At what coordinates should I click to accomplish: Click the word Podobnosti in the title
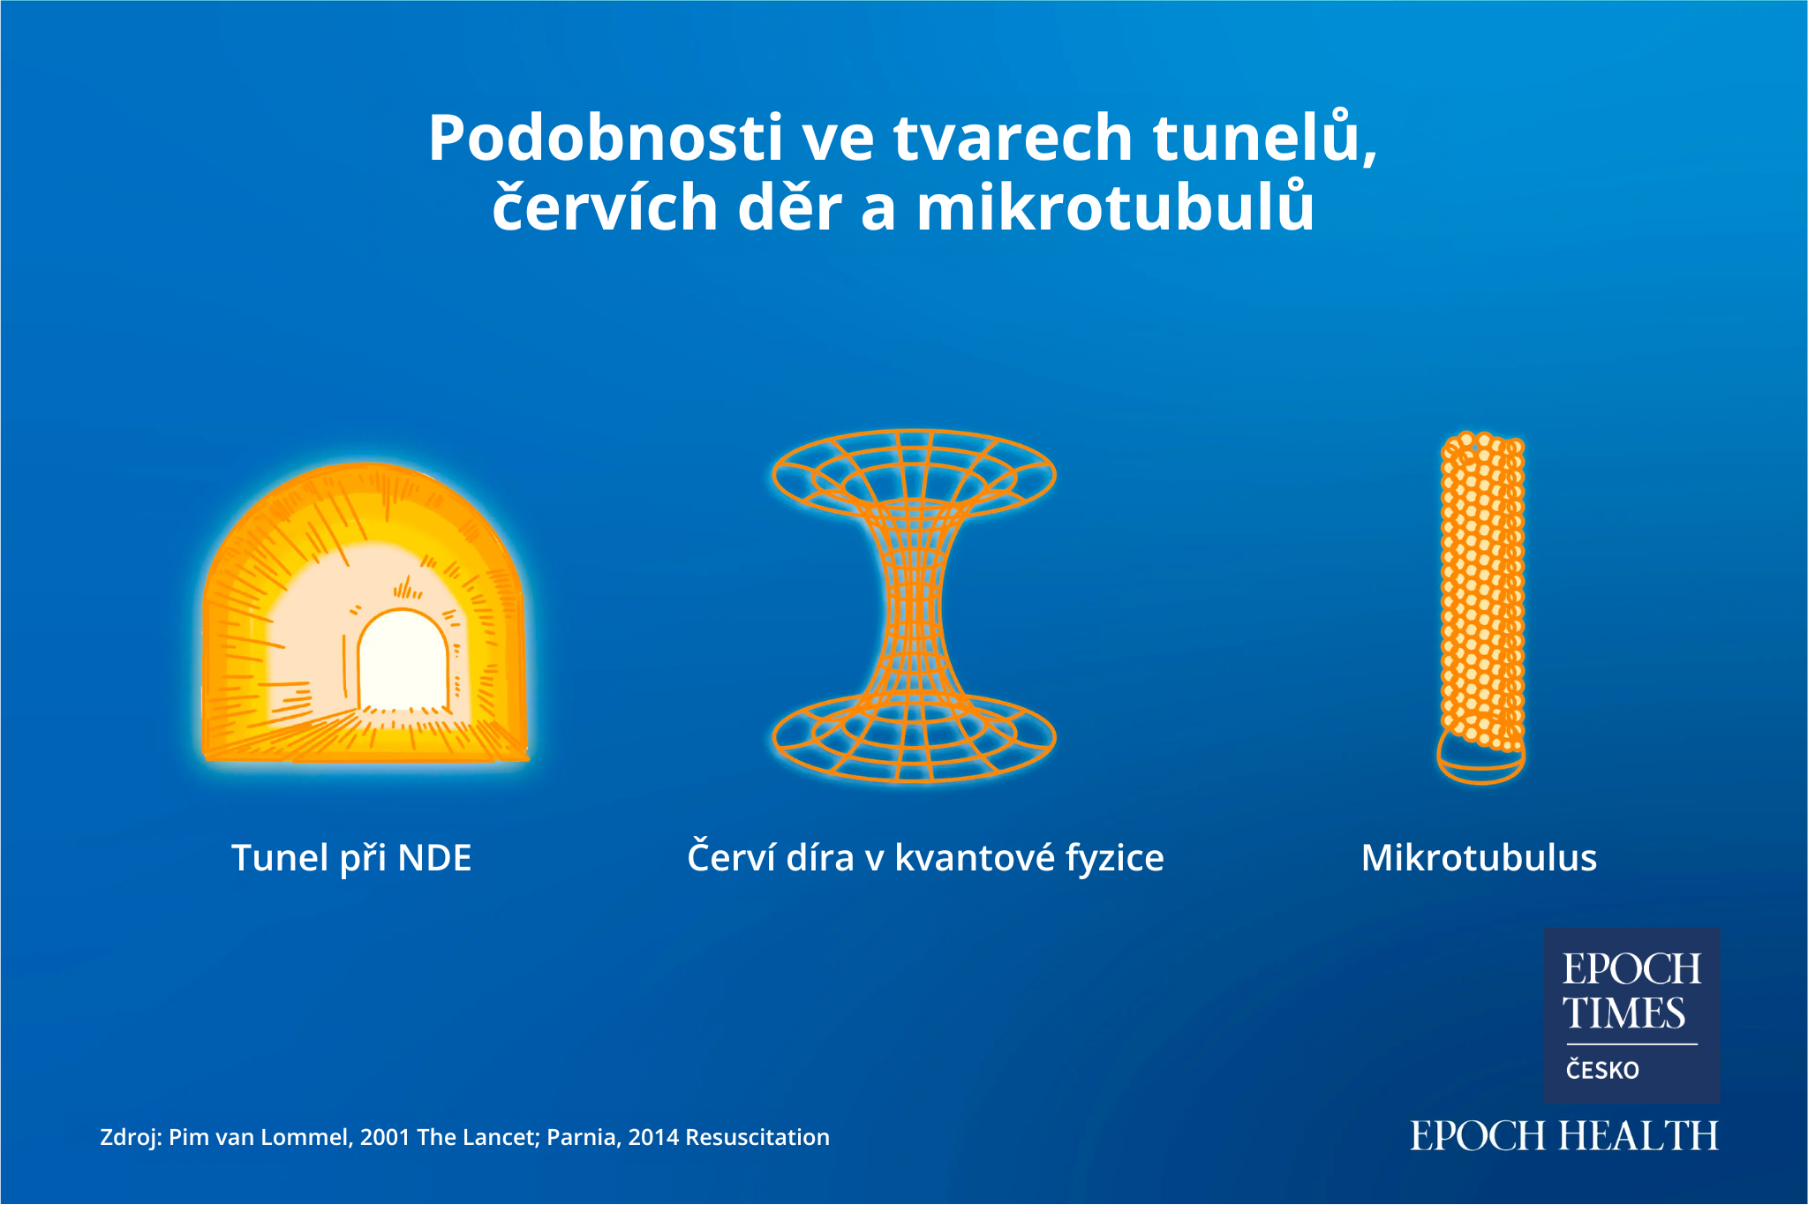606,138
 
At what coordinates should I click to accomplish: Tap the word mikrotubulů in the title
1115,207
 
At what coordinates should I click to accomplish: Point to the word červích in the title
605,207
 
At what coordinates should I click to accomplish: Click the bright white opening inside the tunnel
403,659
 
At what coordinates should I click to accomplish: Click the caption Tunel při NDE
351,857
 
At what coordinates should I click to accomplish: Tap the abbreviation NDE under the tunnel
434,857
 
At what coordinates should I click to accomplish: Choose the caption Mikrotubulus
1479,857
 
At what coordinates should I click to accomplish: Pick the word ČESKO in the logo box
1602,1070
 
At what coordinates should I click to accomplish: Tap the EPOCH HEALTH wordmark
1564,1135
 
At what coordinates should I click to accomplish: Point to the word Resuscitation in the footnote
757,1137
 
